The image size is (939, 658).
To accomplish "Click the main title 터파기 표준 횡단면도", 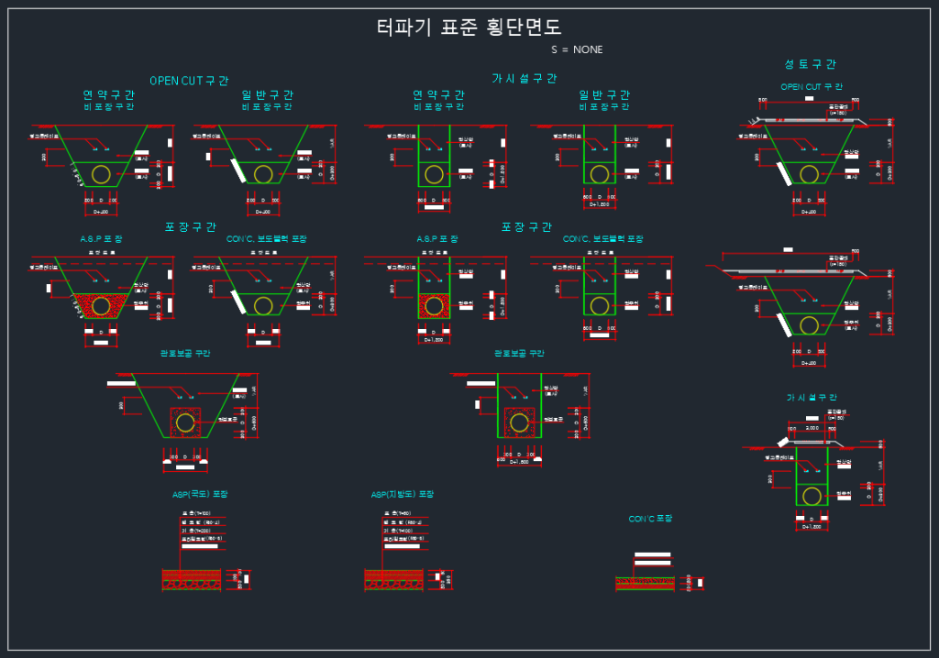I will tap(469, 27).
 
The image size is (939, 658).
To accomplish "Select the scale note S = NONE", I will tap(577, 49).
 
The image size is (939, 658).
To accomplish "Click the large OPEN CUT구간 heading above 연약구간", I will tap(189, 81).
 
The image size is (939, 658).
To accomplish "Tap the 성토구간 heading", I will tap(810, 64).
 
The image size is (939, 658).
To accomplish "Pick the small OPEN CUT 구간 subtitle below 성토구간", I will tap(812, 87).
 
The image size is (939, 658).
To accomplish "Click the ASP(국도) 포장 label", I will tap(200, 494).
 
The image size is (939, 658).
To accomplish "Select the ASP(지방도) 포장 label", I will tap(402, 494).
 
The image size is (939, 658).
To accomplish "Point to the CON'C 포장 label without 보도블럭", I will tap(649, 519).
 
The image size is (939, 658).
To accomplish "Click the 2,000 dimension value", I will tap(812, 428).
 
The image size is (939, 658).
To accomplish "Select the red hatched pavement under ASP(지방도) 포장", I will tap(393, 579).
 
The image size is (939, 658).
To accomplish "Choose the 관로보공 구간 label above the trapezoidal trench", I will tap(186, 353).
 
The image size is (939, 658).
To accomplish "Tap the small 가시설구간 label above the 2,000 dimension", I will tap(811, 398).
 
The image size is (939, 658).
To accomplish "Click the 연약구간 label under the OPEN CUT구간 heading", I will tap(109, 94).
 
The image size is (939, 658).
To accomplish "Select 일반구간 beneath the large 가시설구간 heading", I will tap(604, 94).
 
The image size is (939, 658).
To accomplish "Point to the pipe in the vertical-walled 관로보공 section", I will tap(520, 422).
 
